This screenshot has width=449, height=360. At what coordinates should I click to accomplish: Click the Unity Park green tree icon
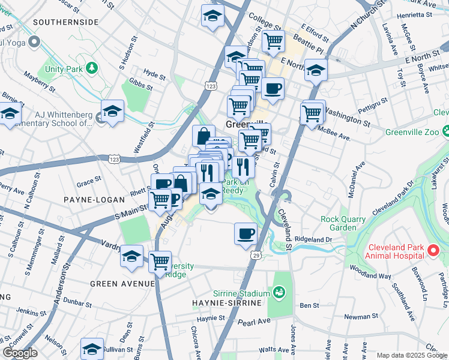92,68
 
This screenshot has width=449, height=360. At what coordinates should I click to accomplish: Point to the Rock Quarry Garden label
343,223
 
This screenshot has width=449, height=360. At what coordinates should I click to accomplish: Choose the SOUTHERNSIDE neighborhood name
66,22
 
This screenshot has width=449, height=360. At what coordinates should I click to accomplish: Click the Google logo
20,353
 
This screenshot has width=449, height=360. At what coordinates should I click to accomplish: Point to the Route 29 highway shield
256,256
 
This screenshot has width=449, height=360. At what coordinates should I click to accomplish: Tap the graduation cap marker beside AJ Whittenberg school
112,112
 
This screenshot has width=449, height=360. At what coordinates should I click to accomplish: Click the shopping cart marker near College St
273,41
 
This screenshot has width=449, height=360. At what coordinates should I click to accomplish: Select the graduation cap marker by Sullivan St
92,349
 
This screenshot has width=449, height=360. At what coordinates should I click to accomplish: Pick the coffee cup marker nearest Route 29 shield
245,233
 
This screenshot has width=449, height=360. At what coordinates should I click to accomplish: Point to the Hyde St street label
154,75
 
